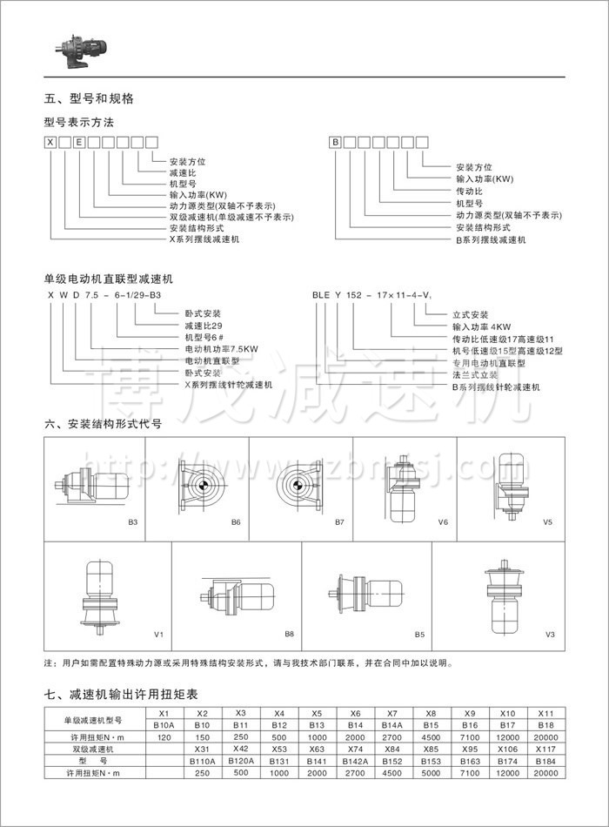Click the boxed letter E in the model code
(x=79, y=141)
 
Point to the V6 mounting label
(x=442, y=522)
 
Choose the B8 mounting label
(x=290, y=634)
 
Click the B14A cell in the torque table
(x=391, y=724)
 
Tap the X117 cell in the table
(x=546, y=749)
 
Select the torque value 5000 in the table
(x=431, y=772)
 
